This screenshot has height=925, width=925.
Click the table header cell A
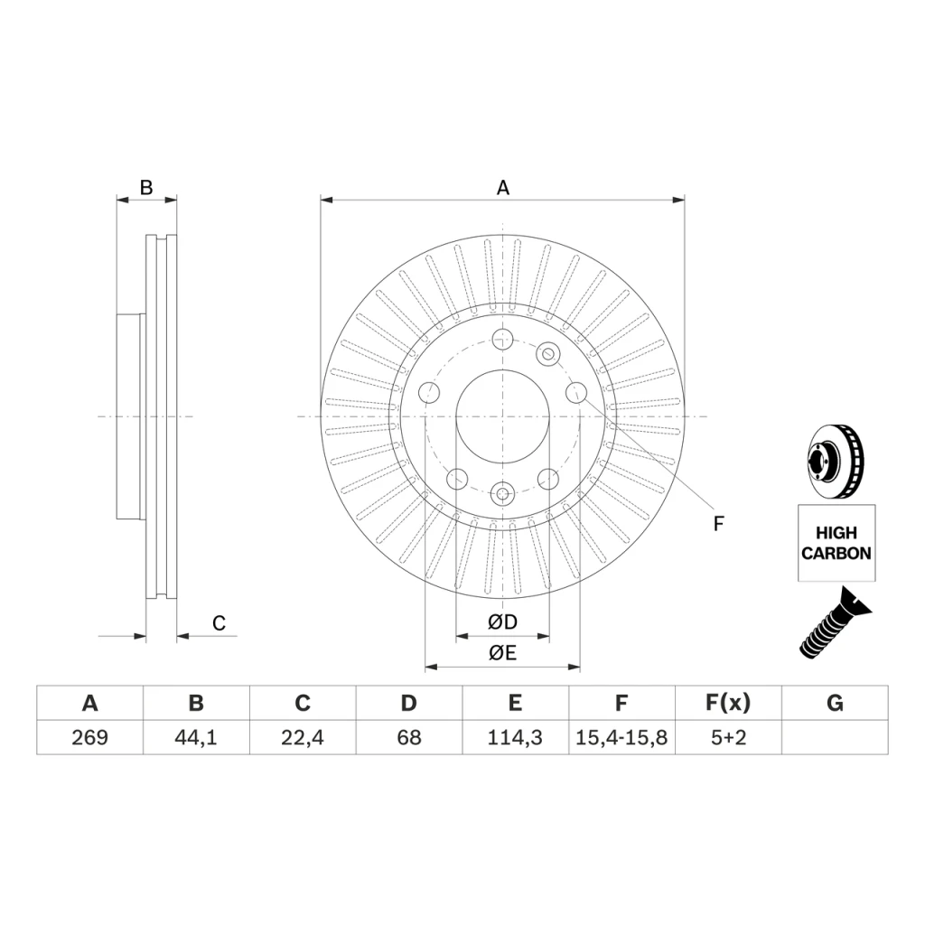coord(89,703)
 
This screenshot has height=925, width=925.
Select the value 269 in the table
coord(89,737)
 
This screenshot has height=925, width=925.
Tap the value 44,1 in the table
coord(196,737)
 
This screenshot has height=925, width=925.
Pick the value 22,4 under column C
coord(302,737)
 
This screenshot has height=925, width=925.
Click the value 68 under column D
coord(409,737)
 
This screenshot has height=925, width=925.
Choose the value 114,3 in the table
coord(515,737)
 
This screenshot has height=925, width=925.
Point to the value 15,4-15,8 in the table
coord(621,737)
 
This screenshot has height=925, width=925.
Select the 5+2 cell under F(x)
coord(728,737)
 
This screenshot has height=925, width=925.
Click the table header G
coord(835,703)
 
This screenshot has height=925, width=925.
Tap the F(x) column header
coord(728,703)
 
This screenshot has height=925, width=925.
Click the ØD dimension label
coord(502,621)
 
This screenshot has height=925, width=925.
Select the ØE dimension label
coord(502,653)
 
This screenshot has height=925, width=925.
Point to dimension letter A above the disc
coord(502,188)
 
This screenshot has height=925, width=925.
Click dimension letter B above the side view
coord(146,188)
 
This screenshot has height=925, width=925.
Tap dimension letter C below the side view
coord(219,623)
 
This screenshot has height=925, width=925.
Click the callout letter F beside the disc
coord(718,523)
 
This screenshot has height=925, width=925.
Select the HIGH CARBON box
coord(836,543)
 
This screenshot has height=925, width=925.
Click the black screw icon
coord(836,622)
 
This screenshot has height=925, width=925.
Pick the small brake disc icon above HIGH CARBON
coord(836,461)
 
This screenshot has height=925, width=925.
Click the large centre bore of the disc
coord(502,416)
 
